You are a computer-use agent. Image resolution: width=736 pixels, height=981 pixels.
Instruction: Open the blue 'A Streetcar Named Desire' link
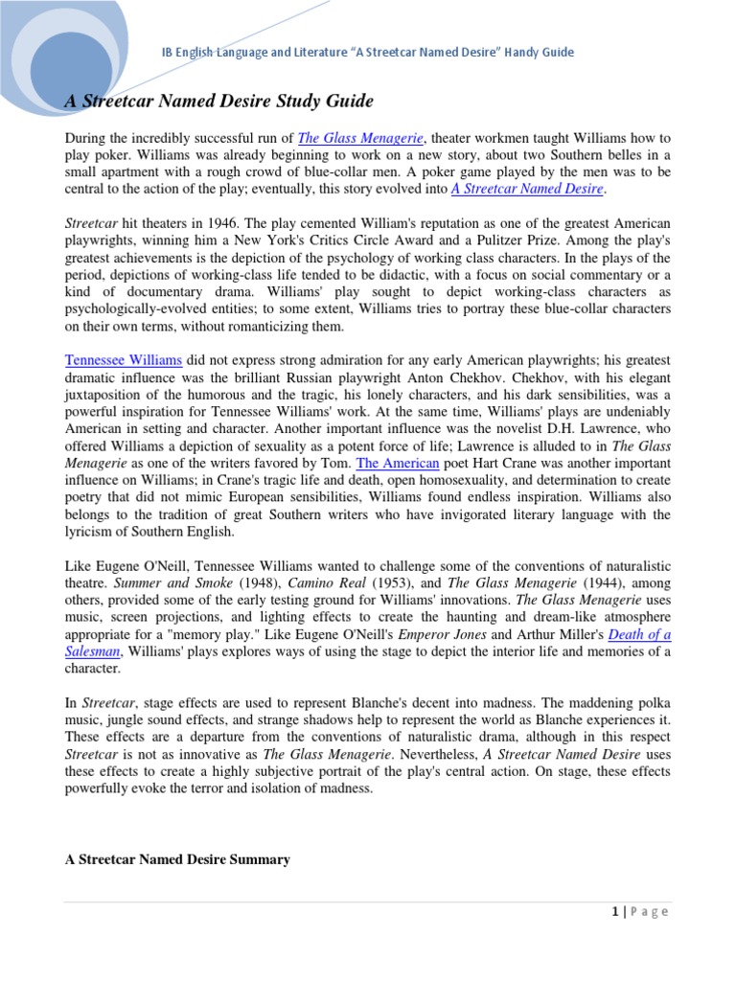(527, 190)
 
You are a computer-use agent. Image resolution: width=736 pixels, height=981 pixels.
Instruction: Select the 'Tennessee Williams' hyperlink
(124, 360)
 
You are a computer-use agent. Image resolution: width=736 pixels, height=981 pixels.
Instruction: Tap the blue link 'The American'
(398, 464)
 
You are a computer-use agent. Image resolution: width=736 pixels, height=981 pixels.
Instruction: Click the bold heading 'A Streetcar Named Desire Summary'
(177, 859)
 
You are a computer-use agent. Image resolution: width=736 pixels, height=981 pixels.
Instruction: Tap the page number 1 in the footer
(613, 912)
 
